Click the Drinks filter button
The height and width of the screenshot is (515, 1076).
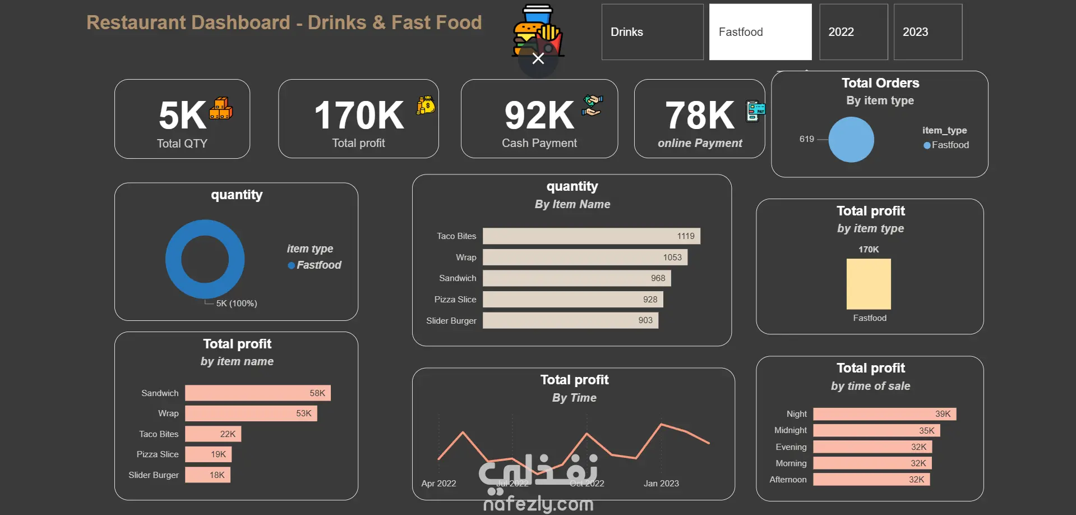click(652, 32)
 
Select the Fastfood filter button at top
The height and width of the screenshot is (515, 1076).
click(760, 32)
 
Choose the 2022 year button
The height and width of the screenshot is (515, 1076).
click(853, 32)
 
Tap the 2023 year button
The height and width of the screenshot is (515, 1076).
click(927, 32)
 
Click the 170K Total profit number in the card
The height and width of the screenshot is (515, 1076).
click(359, 115)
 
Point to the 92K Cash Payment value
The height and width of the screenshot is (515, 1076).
click(539, 115)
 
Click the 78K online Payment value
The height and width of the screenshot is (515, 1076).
click(699, 115)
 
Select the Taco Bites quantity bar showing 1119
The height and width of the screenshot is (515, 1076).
click(591, 236)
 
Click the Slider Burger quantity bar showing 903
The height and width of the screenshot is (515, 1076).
click(570, 320)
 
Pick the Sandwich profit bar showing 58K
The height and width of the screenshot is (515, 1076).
click(257, 393)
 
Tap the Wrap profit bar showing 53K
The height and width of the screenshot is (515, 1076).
click(251, 413)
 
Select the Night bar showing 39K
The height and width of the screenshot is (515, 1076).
click(884, 414)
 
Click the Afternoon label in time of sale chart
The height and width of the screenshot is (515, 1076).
click(788, 480)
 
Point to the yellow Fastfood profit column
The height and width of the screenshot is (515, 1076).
click(869, 284)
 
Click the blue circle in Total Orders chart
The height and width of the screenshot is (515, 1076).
click(851, 140)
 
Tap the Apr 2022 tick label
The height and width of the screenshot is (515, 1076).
click(438, 484)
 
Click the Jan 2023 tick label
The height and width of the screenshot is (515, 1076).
click(661, 484)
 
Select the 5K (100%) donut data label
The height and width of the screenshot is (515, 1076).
click(237, 304)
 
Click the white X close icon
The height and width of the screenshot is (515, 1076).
click(538, 59)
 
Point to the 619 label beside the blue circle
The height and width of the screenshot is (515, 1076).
click(806, 139)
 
